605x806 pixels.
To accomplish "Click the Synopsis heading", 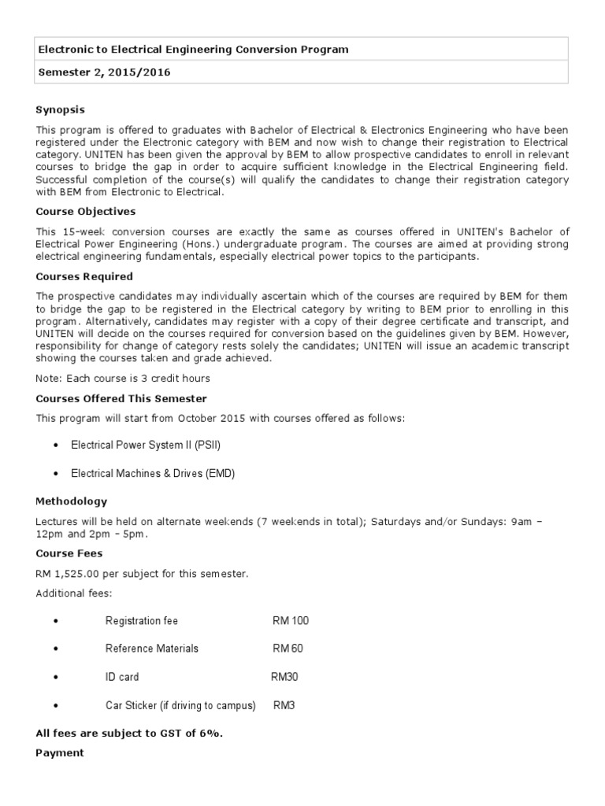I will click(60, 109).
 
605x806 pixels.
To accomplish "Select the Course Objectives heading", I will click(86, 211).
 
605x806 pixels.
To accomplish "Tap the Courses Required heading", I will click(84, 276).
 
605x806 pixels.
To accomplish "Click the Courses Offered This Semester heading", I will click(121, 398).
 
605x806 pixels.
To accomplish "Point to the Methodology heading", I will click(72, 501).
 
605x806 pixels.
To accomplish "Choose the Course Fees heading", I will click(69, 553).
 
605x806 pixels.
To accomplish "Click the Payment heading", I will click(59, 752).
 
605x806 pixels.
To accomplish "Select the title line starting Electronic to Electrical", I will click(194, 50).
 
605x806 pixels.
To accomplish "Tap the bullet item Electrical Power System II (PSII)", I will click(146, 445).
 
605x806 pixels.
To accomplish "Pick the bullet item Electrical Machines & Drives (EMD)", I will click(153, 473).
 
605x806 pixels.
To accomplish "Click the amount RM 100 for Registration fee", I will click(291, 620).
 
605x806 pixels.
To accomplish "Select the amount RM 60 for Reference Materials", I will click(288, 649).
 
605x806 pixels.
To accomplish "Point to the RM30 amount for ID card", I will click(284, 677).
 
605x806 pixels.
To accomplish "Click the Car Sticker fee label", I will click(180, 705).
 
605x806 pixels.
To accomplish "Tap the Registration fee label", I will click(142, 620).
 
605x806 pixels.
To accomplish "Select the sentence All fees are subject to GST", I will click(130, 734).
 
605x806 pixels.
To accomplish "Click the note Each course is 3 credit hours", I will click(123, 379).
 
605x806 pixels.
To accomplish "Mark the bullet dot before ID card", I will click(56, 678).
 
